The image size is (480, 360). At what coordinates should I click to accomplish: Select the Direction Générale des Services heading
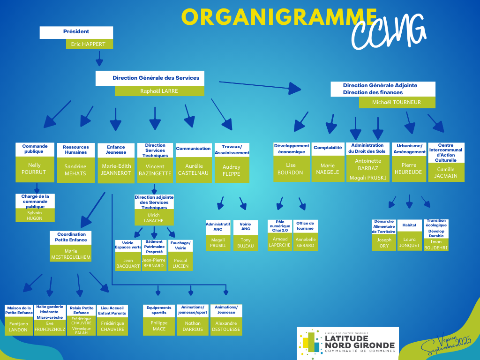point(156,78)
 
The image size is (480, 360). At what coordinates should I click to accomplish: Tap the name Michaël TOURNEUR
point(396,102)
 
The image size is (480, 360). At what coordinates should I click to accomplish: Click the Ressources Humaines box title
point(76,150)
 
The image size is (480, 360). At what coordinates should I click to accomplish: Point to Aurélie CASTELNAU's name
point(194,170)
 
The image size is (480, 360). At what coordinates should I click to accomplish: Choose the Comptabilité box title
point(328,148)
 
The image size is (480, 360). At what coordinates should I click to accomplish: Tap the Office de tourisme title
point(305,225)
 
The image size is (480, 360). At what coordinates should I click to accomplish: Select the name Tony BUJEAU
point(246,243)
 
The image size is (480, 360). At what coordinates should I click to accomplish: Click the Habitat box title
point(409,225)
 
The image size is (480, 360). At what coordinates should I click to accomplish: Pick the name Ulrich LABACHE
point(154,218)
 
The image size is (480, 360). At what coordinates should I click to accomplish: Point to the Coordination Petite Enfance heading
point(71,237)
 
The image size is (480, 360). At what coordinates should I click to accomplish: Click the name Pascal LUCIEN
point(180,263)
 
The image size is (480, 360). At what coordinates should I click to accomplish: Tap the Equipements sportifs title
point(159,310)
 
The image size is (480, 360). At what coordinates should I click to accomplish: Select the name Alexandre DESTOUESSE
point(226,326)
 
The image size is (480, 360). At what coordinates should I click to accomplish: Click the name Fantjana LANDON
point(18,326)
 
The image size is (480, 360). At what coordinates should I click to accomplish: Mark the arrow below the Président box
point(99,59)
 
